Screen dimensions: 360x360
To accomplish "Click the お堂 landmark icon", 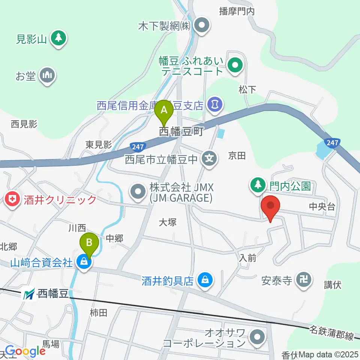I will [48, 76].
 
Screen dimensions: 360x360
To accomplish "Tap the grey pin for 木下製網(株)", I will [202, 26].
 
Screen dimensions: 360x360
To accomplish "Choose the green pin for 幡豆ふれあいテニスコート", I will [235, 66].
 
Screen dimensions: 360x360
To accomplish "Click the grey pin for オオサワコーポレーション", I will [257, 336].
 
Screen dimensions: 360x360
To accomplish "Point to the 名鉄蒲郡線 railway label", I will [331, 333].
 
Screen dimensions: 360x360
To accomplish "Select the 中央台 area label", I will [322, 206].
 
